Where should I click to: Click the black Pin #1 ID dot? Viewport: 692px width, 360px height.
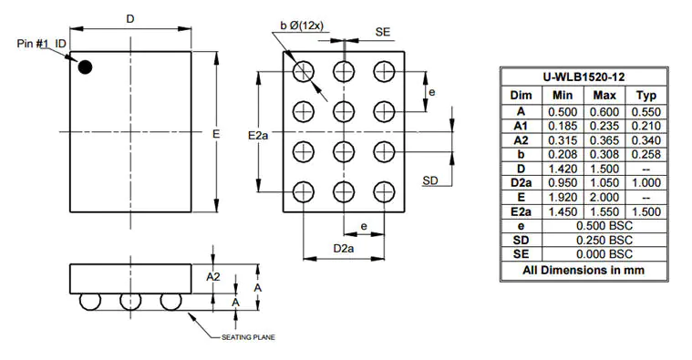click(x=85, y=67)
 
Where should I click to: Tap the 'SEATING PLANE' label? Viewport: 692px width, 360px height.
click(x=249, y=337)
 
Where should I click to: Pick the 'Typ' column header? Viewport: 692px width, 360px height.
click(x=646, y=95)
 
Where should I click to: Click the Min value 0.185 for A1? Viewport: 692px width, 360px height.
click(x=563, y=126)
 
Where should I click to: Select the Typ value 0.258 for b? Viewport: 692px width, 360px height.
click(x=646, y=155)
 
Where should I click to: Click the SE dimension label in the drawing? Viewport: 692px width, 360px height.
click(x=384, y=32)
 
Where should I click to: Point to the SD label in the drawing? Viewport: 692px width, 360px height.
click(x=431, y=180)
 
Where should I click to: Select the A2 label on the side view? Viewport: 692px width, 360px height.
click(x=212, y=276)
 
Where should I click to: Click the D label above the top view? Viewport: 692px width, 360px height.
click(x=130, y=19)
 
